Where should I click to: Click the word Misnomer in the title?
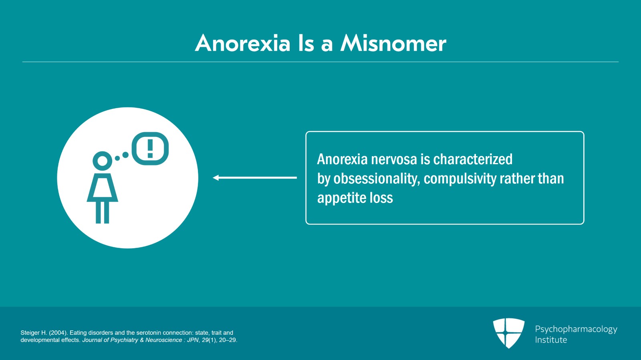pos(393,43)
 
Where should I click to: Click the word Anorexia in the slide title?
pos(242,43)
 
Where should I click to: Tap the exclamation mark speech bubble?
pos(150,149)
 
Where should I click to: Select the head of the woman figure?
pos(103,161)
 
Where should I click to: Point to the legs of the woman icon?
pos(103,212)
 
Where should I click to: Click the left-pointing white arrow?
pos(255,177)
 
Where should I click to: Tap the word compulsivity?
pos(460,179)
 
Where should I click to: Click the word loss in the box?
pos(381,198)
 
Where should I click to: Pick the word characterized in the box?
pos(473,159)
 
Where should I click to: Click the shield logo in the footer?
pos(508,333)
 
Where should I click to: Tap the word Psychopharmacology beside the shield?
pos(576,329)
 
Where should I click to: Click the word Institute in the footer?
pos(551,340)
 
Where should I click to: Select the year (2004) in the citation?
pos(58,333)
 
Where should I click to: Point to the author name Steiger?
pos(30,333)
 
